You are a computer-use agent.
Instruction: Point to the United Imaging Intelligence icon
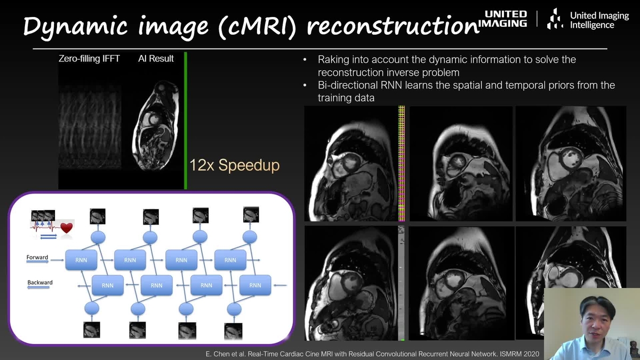pyautogui.click(x=555, y=19)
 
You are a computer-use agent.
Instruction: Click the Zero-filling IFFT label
pyautogui.click(x=90, y=59)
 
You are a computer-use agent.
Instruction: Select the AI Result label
pyautogui.click(x=156, y=59)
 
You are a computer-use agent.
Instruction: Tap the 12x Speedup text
pyautogui.click(x=234, y=165)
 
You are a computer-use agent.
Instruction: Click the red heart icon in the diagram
pyautogui.click(x=66, y=228)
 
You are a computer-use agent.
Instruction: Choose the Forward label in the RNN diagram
pyautogui.click(x=37, y=258)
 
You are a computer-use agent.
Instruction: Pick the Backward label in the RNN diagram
pyautogui.click(x=40, y=283)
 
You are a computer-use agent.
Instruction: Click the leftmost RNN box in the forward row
pyautogui.click(x=81, y=260)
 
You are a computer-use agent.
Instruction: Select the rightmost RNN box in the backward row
pyautogui.click(x=255, y=285)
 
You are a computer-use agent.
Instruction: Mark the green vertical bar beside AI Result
pyautogui.click(x=185, y=120)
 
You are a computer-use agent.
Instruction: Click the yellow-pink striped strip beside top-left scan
pyautogui.click(x=402, y=163)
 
